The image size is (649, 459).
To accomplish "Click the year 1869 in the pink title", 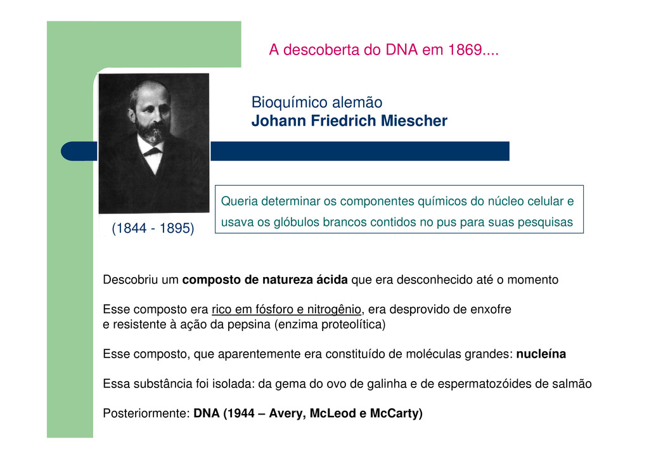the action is (x=465, y=49).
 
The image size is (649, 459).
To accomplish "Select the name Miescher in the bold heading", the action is (x=414, y=121).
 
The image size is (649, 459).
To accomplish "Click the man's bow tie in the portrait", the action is (x=152, y=152).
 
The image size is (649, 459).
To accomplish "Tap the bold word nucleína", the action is (x=541, y=354).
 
